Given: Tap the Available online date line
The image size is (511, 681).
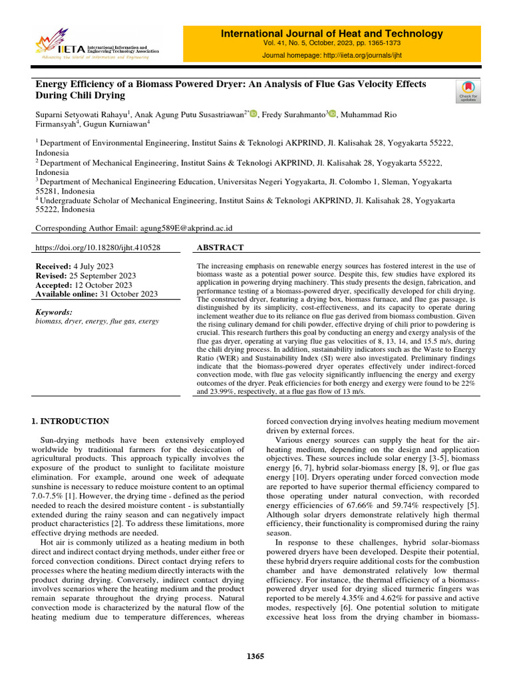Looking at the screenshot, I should coord(96,294).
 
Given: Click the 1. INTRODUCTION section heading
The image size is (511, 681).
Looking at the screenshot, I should coord(71,421).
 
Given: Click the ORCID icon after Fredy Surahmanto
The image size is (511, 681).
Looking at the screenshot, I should coord(333,114).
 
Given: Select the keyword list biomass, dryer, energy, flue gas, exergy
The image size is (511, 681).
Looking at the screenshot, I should coord(96,321).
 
